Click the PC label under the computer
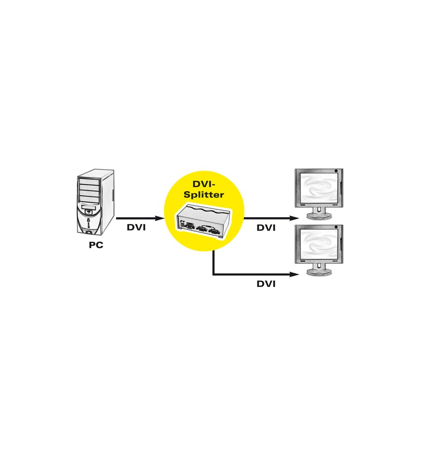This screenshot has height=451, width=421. (x=96, y=245)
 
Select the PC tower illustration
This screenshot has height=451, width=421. (x=95, y=202)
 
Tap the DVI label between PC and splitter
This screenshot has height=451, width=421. (x=136, y=227)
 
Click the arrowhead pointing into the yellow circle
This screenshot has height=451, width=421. (x=160, y=218)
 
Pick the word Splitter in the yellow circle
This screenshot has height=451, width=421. (x=204, y=195)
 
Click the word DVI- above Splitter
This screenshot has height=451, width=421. (x=204, y=184)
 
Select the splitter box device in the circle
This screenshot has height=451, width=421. (x=203, y=221)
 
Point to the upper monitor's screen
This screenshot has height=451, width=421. (x=319, y=187)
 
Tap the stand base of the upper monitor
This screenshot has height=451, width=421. (x=319, y=216)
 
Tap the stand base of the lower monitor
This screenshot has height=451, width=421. (x=319, y=272)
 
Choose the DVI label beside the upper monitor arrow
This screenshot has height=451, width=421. (x=266, y=228)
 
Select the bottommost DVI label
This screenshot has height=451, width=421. (x=266, y=284)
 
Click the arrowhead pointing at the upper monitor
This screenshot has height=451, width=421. (x=294, y=218)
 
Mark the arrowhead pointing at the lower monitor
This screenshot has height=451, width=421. (x=294, y=274)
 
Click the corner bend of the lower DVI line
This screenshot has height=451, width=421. (x=213, y=274)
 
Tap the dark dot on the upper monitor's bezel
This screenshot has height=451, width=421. (x=336, y=171)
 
